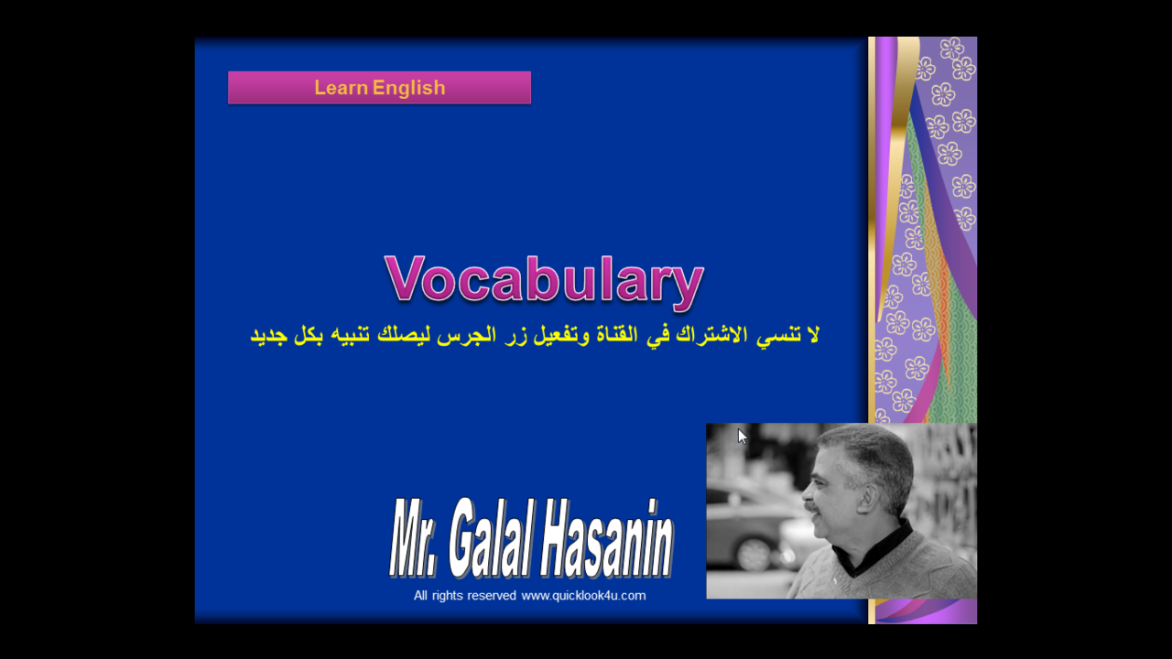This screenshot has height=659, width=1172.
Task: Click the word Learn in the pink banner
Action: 342,87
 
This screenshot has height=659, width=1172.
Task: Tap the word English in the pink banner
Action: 408,88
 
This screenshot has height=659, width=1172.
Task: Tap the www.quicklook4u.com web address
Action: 583,596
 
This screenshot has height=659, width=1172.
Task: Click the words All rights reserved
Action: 464,596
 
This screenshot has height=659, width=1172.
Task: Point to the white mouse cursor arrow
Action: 742,437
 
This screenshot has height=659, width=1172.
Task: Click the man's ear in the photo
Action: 873,498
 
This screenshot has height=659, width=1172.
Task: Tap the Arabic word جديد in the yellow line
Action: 268,336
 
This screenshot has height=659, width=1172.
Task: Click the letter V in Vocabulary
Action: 404,277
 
